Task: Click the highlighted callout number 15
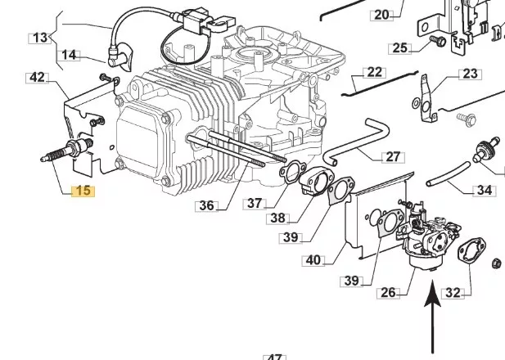point(83,191)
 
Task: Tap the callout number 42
point(38,78)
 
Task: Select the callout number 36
point(207,205)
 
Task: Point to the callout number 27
point(393,157)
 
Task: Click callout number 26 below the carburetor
point(388,292)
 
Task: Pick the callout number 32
point(453,293)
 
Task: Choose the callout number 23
point(470,74)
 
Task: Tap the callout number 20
point(382,15)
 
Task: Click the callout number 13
point(40,38)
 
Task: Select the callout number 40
point(313,260)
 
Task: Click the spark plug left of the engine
point(67,150)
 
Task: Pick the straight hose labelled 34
point(449,174)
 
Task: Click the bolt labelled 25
point(438,41)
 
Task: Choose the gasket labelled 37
point(292,173)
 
